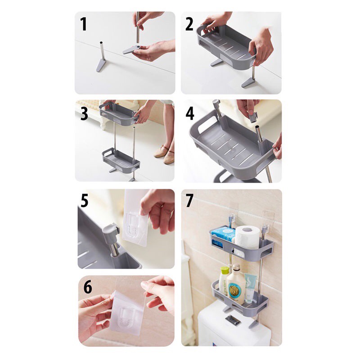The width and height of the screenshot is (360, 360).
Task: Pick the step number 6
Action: coord(87,287)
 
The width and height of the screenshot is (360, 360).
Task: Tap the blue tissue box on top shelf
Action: coord(224,235)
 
